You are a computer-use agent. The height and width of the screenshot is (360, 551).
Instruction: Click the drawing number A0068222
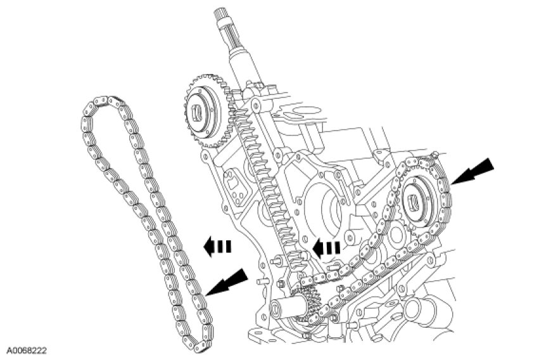pyautogui.click(x=27, y=349)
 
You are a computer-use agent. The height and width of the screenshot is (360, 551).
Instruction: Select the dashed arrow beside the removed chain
pyautogui.click(x=217, y=246)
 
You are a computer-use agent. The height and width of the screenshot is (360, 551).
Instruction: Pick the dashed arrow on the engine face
pyautogui.click(x=328, y=247)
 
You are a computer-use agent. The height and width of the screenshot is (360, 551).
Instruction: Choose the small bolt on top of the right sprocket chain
pyautogui.click(x=435, y=156)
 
